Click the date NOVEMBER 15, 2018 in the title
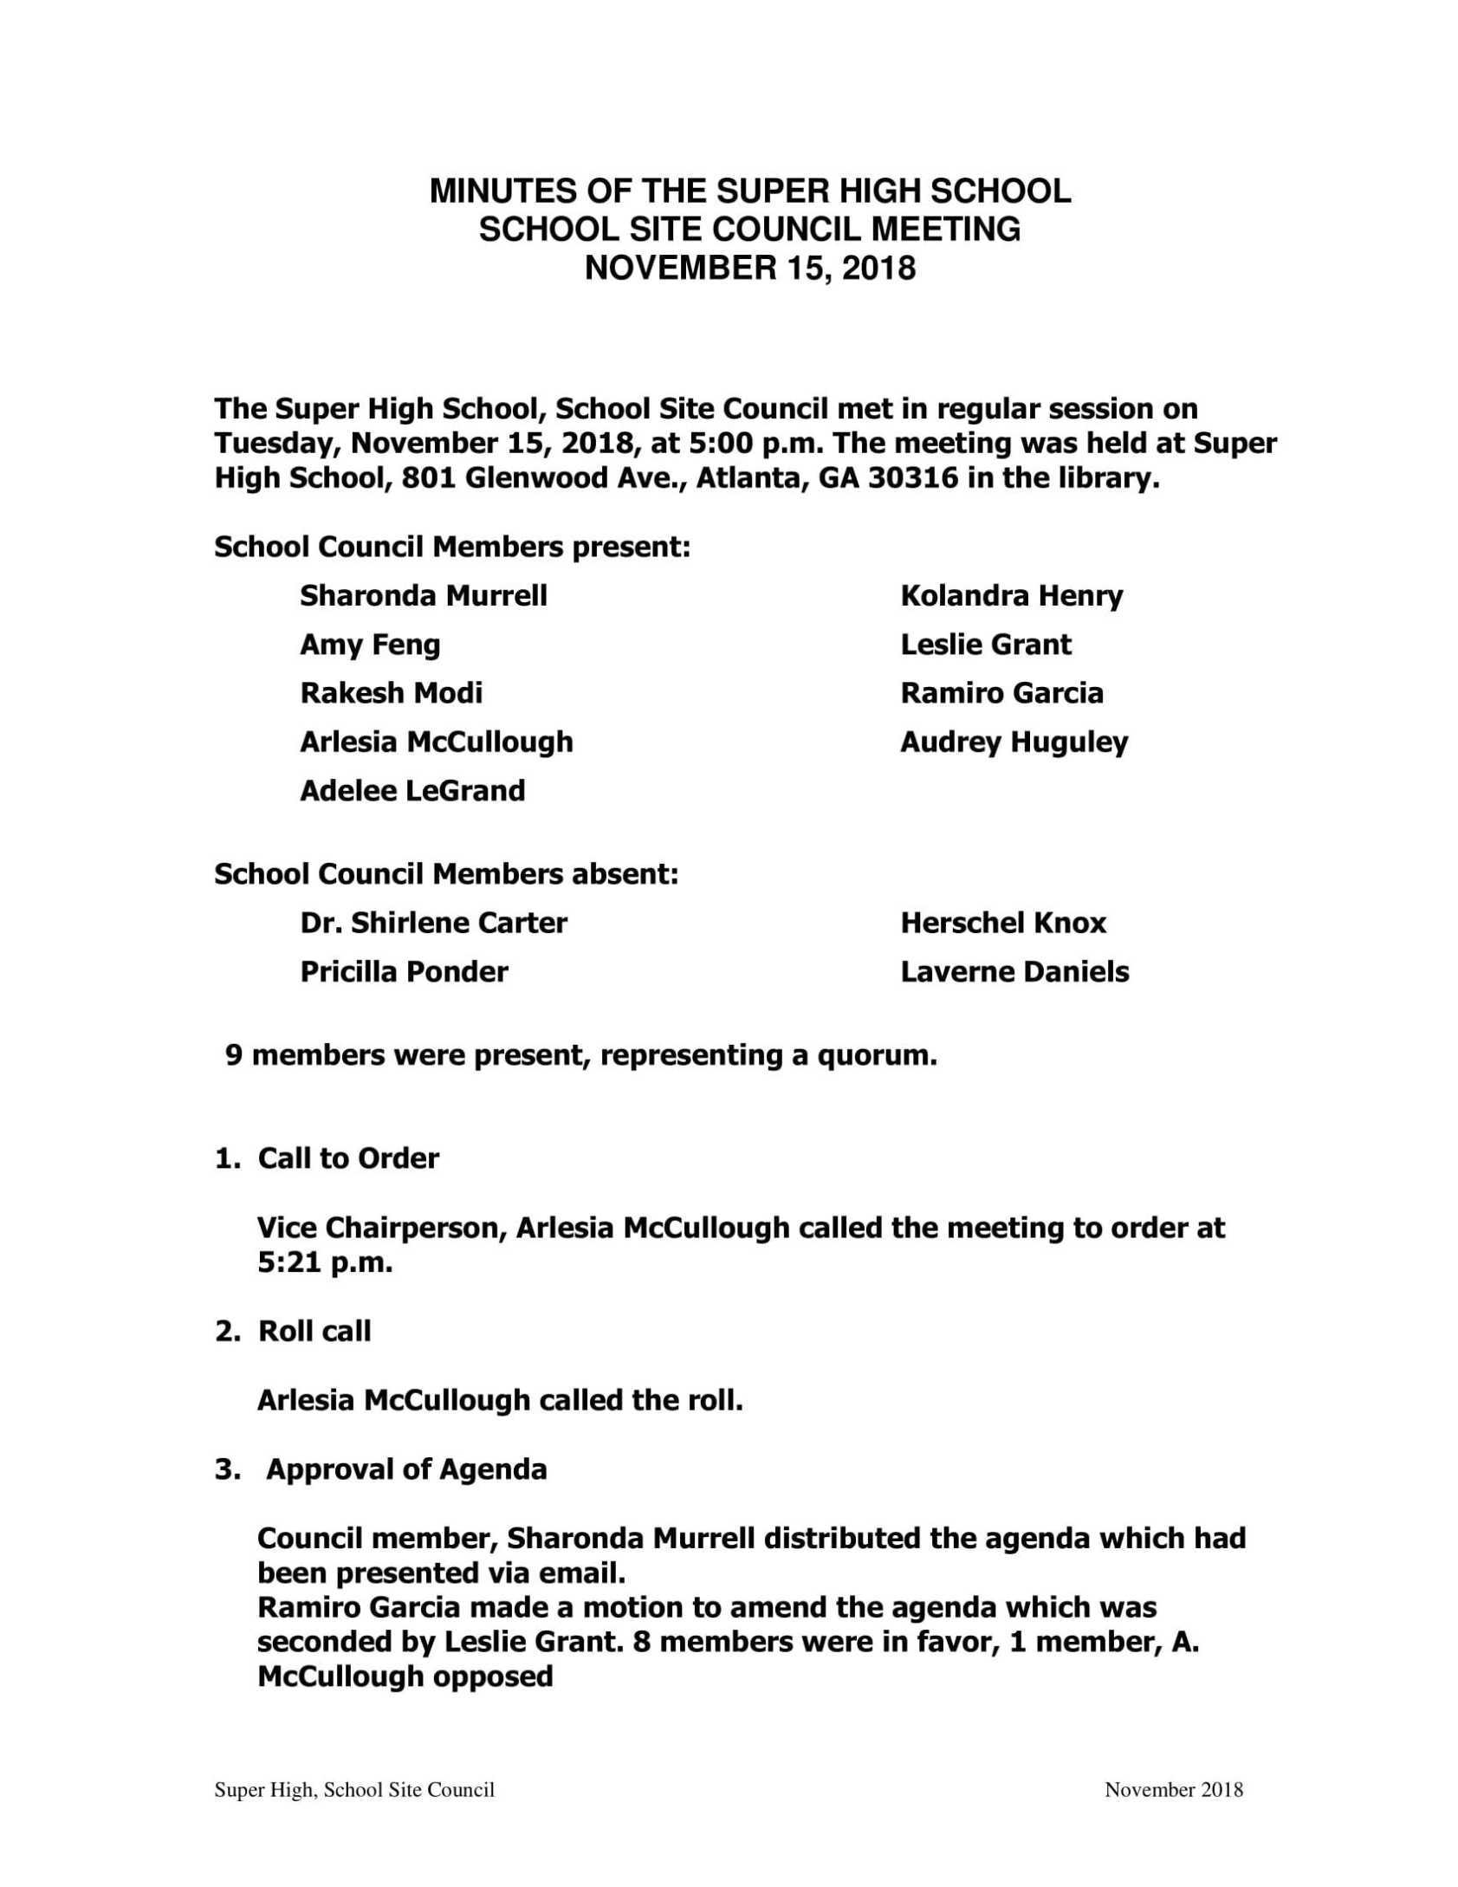click(x=749, y=269)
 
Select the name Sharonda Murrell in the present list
click(x=423, y=596)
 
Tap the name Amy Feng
click(x=370, y=645)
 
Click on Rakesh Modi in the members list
click(x=391, y=693)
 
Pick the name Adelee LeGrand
click(x=412, y=791)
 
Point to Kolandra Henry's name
click(x=1011, y=596)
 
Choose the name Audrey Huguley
click(x=1014, y=742)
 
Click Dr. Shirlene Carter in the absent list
click(x=433, y=923)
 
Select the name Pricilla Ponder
click(x=404, y=972)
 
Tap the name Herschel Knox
click(x=1003, y=923)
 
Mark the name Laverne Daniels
click(x=1014, y=972)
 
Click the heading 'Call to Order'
click(x=348, y=1158)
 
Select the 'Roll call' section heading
click(x=314, y=1331)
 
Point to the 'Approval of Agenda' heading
click(x=406, y=1469)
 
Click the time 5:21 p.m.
click(x=325, y=1263)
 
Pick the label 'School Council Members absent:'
click(x=446, y=874)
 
